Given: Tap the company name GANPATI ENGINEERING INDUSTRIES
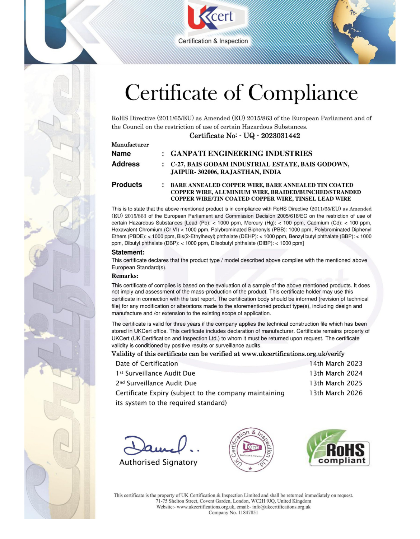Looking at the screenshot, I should pos(241,154).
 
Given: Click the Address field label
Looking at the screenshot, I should pos(125,164).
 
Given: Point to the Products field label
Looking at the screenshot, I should pos(127,185).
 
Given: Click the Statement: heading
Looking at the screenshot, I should pos(128,252).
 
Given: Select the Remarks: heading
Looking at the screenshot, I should pos(125,276).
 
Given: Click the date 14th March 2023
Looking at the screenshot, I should pos(336,364).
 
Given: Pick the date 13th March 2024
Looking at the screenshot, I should pos(336,373).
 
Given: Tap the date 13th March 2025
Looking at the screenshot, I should pos(336,384).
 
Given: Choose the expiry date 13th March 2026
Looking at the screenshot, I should pos(336,393).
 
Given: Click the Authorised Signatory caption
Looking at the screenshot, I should pos(158,463).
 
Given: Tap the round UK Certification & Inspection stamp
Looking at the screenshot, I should pos(251,450).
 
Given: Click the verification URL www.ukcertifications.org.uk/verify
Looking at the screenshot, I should pos(293,354).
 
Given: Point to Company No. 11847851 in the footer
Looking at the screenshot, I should pos(233,513).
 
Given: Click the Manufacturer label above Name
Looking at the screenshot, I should pos(130,145).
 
